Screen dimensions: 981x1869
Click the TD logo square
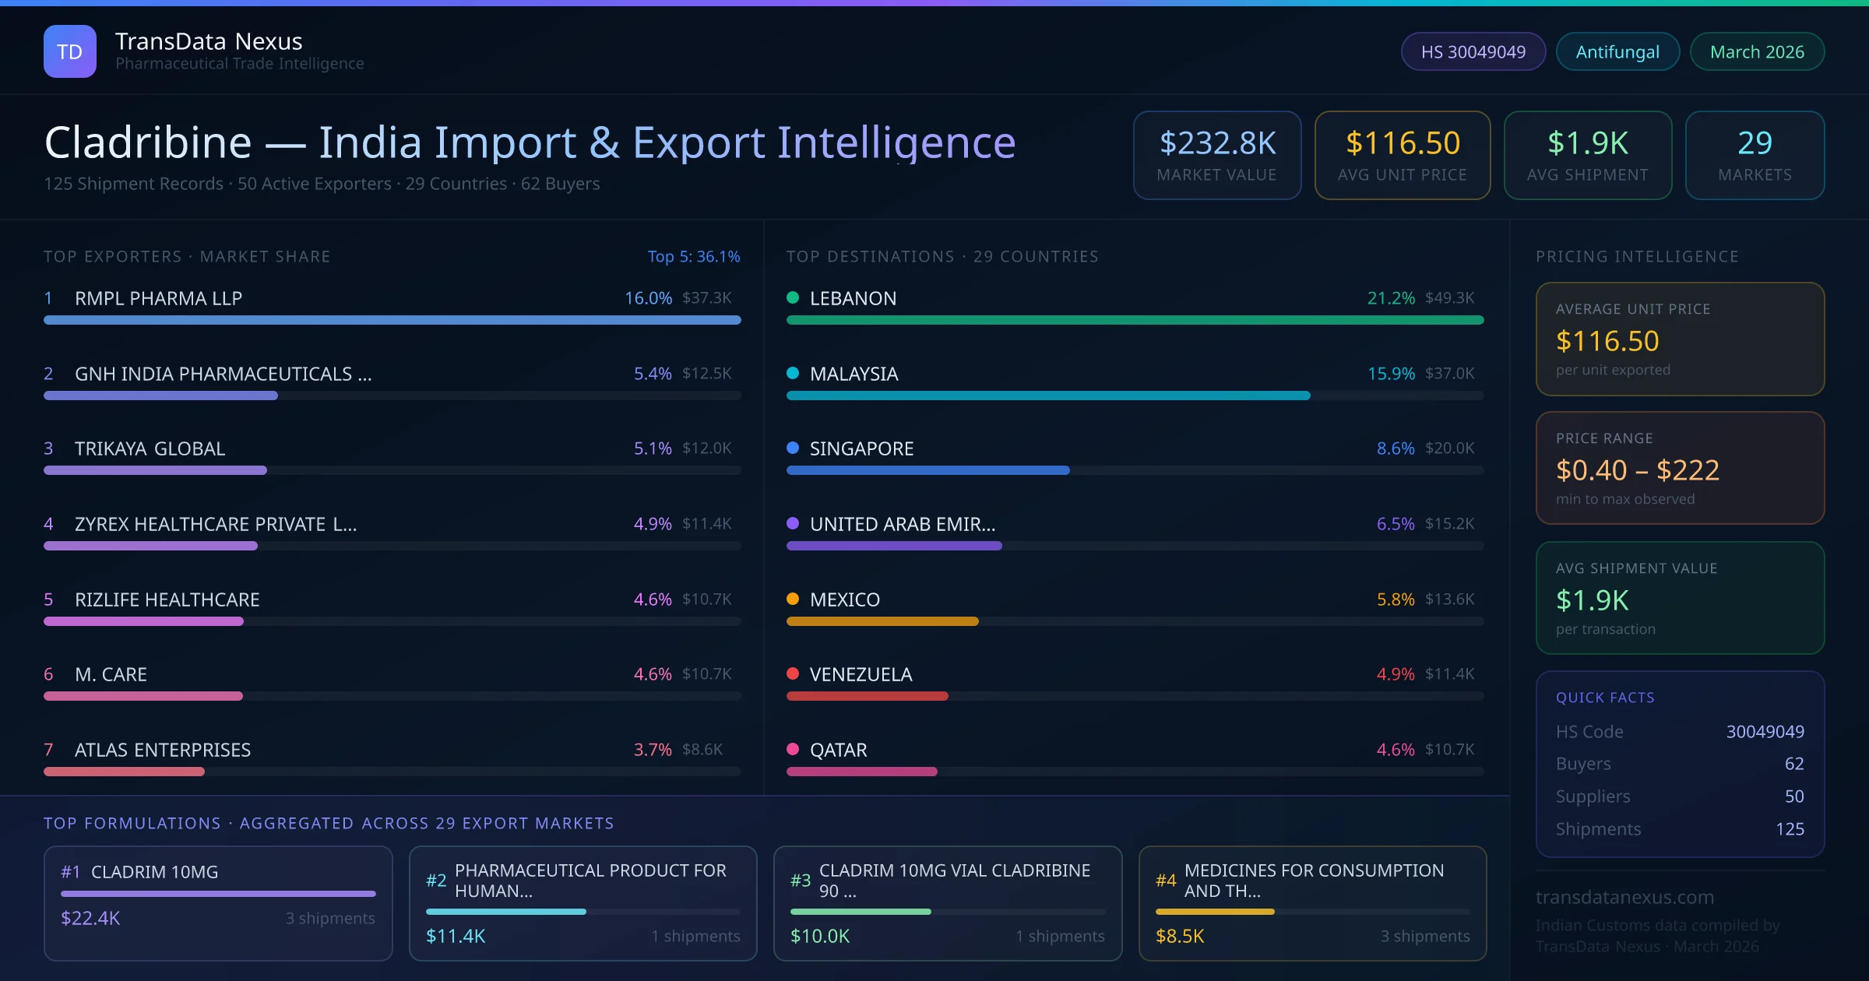tap(70, 51)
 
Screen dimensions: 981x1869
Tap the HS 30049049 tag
tap(1473, 51)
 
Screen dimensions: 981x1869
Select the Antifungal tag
tap(1617, 51)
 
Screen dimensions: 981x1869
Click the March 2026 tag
tap(1756, 51)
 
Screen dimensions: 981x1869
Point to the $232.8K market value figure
tap(1217, 143)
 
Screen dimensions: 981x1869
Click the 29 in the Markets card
tap(1754, 143)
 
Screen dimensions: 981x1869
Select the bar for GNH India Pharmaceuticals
tap(160, 396)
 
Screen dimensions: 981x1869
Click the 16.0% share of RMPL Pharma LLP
tap(648, 298)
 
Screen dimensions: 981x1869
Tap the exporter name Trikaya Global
tap(150, 448)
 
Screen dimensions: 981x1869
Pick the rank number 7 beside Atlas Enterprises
tap(48, 750)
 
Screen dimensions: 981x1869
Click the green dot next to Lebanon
tap(793, 297)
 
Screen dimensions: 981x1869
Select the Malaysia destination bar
tap(1047, 396)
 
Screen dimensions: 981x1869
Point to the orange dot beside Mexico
tap(793, 599)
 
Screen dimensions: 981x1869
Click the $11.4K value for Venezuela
tap(1449, 674)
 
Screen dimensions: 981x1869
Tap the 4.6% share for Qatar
tap(1395, 750)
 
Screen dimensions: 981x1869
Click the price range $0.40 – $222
tap(1637, 470)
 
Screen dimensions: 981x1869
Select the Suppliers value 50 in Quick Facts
tap(1793, 796)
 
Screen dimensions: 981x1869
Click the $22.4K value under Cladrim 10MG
tap(90, 918)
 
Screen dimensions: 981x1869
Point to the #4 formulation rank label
tap(1165, 881)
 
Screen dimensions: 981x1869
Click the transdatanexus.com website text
tap(1624, 897)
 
